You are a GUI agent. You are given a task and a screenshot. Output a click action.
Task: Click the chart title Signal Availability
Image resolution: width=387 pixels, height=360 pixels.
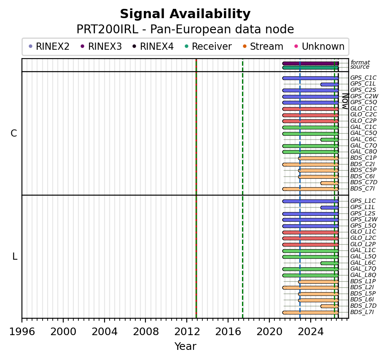185,14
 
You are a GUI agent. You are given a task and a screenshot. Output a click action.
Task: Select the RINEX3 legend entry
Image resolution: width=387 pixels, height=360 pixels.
101,46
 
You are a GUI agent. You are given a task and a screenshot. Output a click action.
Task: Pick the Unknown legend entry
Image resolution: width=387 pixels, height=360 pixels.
320,46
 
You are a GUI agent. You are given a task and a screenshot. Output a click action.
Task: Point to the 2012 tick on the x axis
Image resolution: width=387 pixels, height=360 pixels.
187,320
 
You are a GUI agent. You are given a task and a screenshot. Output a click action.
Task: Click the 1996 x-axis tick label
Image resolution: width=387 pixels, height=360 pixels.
22,332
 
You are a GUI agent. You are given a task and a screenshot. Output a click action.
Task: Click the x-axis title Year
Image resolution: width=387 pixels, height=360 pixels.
185,347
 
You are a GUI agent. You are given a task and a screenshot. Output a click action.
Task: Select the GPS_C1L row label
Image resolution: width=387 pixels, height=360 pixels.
363,84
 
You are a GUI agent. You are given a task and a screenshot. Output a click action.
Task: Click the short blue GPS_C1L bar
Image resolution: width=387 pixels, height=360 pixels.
330,84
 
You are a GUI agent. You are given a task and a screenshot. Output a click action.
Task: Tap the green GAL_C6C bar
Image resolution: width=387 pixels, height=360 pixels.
330,140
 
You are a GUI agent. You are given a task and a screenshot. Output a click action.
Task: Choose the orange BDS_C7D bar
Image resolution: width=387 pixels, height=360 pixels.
330,183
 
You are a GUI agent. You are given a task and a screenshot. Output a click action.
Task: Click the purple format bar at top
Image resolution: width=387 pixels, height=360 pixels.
311,63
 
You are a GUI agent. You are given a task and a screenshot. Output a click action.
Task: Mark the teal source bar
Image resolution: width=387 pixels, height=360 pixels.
311,67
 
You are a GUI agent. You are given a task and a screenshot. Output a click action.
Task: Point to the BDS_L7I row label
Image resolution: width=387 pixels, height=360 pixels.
362,312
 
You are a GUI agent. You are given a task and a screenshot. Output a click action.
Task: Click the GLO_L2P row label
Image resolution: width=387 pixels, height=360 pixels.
363,244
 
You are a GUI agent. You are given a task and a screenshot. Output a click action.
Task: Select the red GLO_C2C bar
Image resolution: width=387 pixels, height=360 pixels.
311,115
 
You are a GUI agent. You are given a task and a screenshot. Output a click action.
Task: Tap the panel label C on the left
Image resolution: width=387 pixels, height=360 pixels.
14,134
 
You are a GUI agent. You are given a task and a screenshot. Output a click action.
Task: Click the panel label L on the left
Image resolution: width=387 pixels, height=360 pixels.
15,257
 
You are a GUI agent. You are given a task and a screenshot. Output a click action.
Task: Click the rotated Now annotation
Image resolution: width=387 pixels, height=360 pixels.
345,101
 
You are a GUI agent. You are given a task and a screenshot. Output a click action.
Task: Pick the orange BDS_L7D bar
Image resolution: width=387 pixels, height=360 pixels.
330,306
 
